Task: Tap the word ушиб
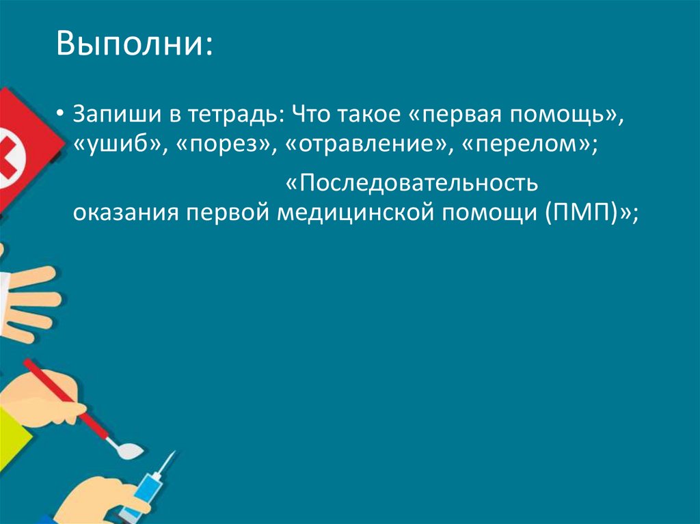[x=118, y=146]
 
